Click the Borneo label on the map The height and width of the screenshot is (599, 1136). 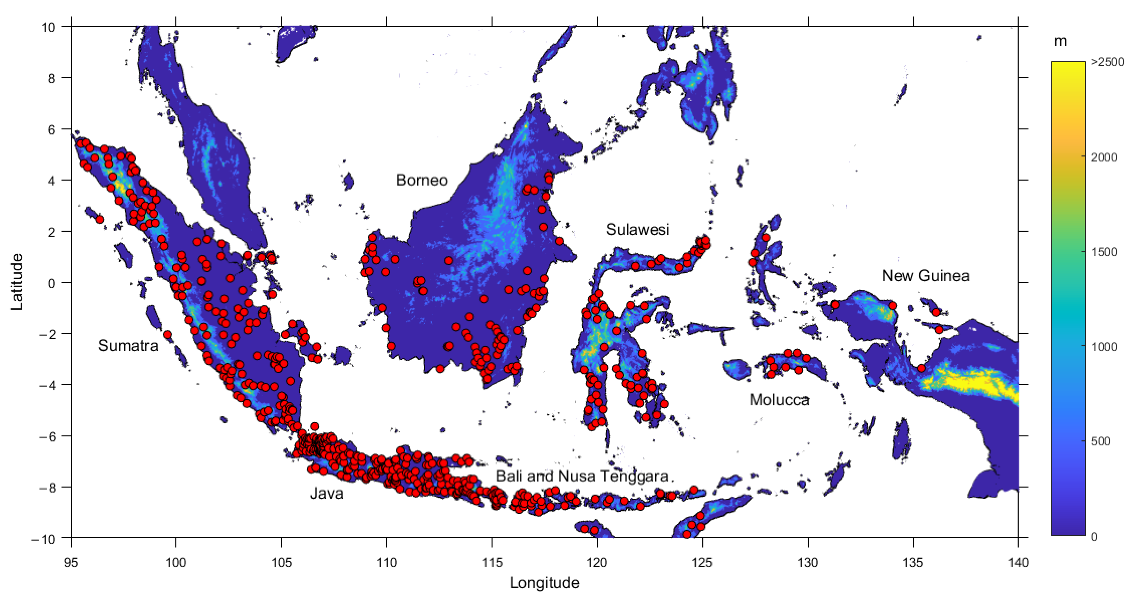pos(422,180)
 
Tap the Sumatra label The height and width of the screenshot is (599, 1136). pos(128,346)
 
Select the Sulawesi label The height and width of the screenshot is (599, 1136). pos(637,229)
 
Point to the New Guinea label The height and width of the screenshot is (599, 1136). pos(926,275)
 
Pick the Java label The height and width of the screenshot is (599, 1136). pos(326,493)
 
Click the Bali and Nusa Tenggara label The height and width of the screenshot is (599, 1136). pos(582,476)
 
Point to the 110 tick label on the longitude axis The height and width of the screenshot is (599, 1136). pos(387,562)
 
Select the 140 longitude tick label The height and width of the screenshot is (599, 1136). pos(1018,562)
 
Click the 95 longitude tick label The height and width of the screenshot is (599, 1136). pos(71,562)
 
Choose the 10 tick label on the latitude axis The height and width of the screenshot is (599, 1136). pos(48,27)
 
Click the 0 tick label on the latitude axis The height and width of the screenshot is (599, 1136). pos(52,283)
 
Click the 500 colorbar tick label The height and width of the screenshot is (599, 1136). pos(1100,441)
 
